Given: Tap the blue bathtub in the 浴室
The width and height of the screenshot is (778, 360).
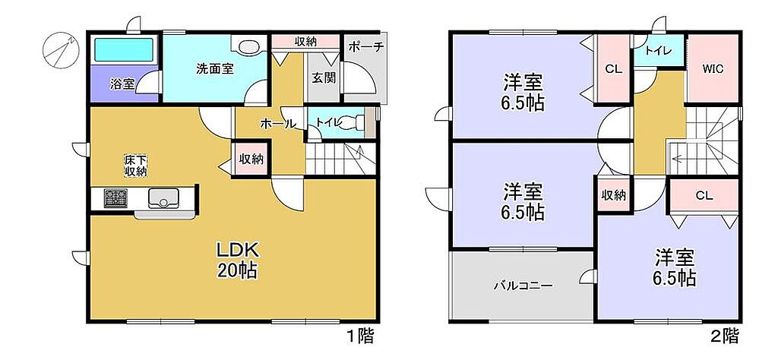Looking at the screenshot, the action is (124, 50).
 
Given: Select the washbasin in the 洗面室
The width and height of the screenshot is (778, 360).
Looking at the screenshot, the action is (247, 46).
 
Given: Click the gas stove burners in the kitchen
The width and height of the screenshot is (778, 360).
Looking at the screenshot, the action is (115, 198).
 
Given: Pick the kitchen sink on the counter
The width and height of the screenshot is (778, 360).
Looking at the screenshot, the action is (162, 198).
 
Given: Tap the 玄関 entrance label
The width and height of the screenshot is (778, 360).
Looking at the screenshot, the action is (324, 77).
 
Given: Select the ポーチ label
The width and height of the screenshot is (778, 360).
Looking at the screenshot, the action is (366, 48).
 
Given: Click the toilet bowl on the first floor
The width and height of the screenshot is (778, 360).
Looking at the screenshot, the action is (354, 122).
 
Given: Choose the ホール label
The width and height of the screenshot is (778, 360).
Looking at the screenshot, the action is (278, 124).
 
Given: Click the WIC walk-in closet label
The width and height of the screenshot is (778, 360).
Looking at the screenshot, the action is (713, 69).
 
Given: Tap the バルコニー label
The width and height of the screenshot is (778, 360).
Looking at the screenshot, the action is (523, 286).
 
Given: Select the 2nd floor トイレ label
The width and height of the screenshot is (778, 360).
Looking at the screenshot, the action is (659, 51).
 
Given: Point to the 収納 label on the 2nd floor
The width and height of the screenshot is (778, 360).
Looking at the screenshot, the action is (613, 195).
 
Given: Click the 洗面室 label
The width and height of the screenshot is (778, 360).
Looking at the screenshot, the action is (214, 69).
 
